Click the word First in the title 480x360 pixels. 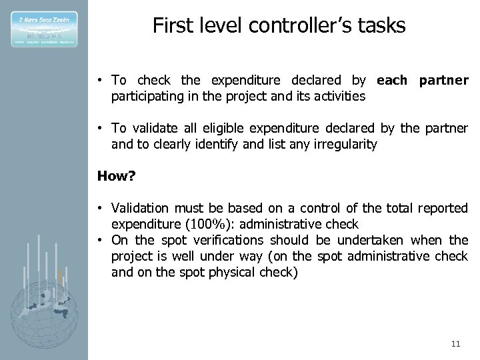pos(169,26)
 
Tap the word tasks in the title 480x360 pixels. pos(381,26)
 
